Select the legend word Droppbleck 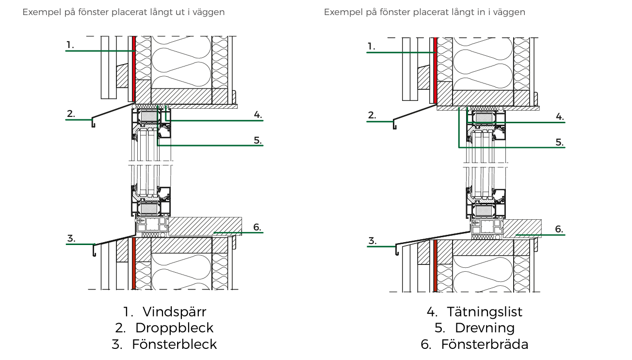pyautogui.click(x=174, y=328)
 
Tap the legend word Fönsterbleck pyautogui.click(x=174, y=344)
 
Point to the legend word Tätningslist pyautogui.click(x=485, y=311)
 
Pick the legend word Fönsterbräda pyautogui.click(x=485, y=344)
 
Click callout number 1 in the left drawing pyautogui.click(x=70, y=45)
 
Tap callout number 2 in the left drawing pyautogui.click(x=71, y=114)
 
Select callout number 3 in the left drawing pyautogui.click(x=71, y=238)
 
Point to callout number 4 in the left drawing pyautogui.click(x=258, y=115)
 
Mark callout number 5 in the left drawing pyautogui.click(x=258, y=141)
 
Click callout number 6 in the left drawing pyautogui.click(x=258, y=227)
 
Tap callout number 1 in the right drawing pyautogui.click(x=372, y=47)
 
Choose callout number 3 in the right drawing pyautogui.click(x=372, y=241)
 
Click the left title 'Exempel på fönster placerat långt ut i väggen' pyautogui.click(x=124, y=12)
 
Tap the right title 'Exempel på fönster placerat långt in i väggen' pyautogui.click(x=424, y=12)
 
